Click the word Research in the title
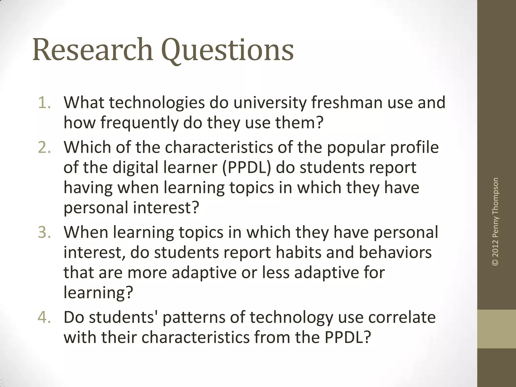click(93, 49)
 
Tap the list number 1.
click(44, 103)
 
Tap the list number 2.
click(44, 147)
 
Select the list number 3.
click(44, 232)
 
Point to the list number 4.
click(44, 317)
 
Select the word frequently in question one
click(139, 123)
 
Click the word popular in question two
click(357, 147)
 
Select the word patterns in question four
click(194, 317)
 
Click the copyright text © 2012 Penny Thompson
click(495, 221)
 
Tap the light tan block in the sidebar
click(497, 329)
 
